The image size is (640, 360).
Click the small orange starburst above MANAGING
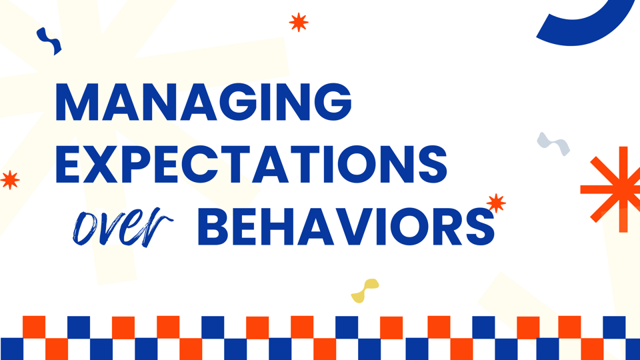pyautogui.click(x=299, y=22)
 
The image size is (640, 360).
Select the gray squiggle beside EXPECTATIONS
pyautogui.click(x=553, y=143)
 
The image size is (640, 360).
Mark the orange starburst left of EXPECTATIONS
pyautogui.click(x=9, y=179)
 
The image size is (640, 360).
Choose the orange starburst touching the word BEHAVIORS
pyautogui.click(x=496, y=203)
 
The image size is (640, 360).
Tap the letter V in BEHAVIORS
pyautogui.click(x=357, y=227)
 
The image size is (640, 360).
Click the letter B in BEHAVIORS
pyautogui.click(x=213, y=227)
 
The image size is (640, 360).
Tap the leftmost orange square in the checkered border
pyautogui.click(x=34, y=327)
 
